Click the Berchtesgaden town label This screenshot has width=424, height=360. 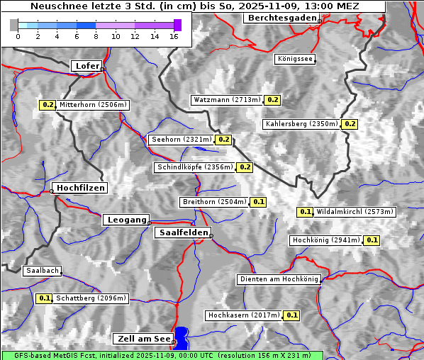[281, 18]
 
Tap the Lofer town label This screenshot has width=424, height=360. [87, 66]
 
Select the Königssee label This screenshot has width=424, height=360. [294, 60]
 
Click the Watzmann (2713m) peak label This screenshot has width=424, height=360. [227, 100]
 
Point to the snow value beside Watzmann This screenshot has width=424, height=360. [273, 100]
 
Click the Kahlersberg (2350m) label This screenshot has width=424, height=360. [301, 124]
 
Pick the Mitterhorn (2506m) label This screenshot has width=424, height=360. [93, 105]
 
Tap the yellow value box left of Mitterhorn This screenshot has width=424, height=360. [48, 105]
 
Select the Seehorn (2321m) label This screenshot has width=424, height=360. [182, 140]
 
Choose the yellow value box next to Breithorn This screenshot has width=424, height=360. [259, 202]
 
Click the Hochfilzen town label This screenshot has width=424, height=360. [80, 188]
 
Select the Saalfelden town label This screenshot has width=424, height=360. [182, 232]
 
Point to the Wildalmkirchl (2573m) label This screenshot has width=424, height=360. [355, 212]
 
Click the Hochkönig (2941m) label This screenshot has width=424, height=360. [326, 240]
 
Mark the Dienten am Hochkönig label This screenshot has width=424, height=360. [279, 280]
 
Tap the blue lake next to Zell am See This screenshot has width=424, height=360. [182, 336]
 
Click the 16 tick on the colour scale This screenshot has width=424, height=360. [174, 35]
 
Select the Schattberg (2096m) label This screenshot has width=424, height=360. [91, 298]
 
